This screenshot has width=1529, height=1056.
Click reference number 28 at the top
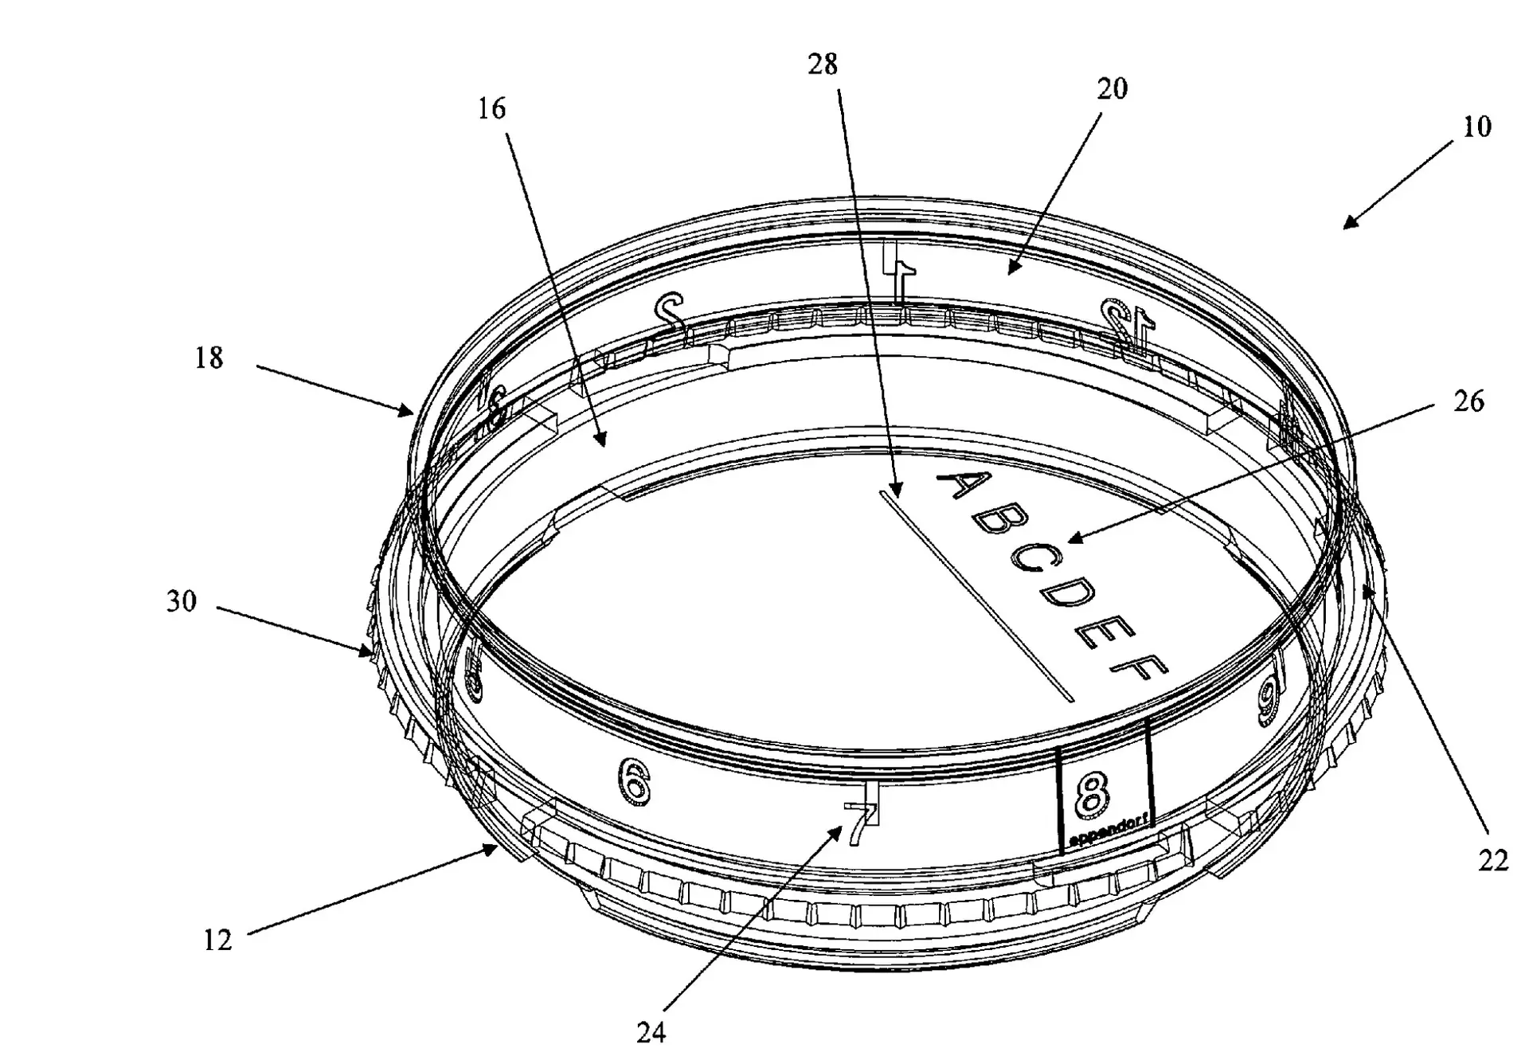tap(823, 65)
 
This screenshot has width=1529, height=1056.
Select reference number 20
tap(1112, 89)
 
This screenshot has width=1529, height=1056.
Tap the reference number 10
tap(1476, 127)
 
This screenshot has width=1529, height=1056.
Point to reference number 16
tap(491, 108)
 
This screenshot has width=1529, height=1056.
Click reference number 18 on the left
tap(209, 358)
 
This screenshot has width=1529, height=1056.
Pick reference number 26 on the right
tap(1468, 401)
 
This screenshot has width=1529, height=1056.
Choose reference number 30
tap(181, 601)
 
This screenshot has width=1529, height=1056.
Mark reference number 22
tap(1492, 860)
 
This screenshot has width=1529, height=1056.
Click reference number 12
tap(217, 941)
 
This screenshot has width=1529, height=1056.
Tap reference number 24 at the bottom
tap(651, 1033)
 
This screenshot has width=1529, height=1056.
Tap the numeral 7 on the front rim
tap(858, 822)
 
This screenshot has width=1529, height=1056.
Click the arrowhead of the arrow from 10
tap(1347, 226)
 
